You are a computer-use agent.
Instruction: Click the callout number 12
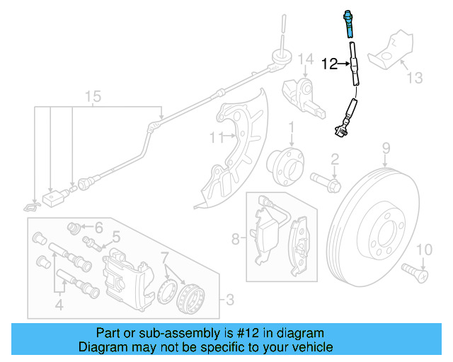[x=329, y=64]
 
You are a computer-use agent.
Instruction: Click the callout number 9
[x=386, y=148]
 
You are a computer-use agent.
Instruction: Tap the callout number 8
[x=236, y=239]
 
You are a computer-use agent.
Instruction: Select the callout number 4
[x=59, y=305]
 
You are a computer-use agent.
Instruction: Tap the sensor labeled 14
[x=304, y=96]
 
